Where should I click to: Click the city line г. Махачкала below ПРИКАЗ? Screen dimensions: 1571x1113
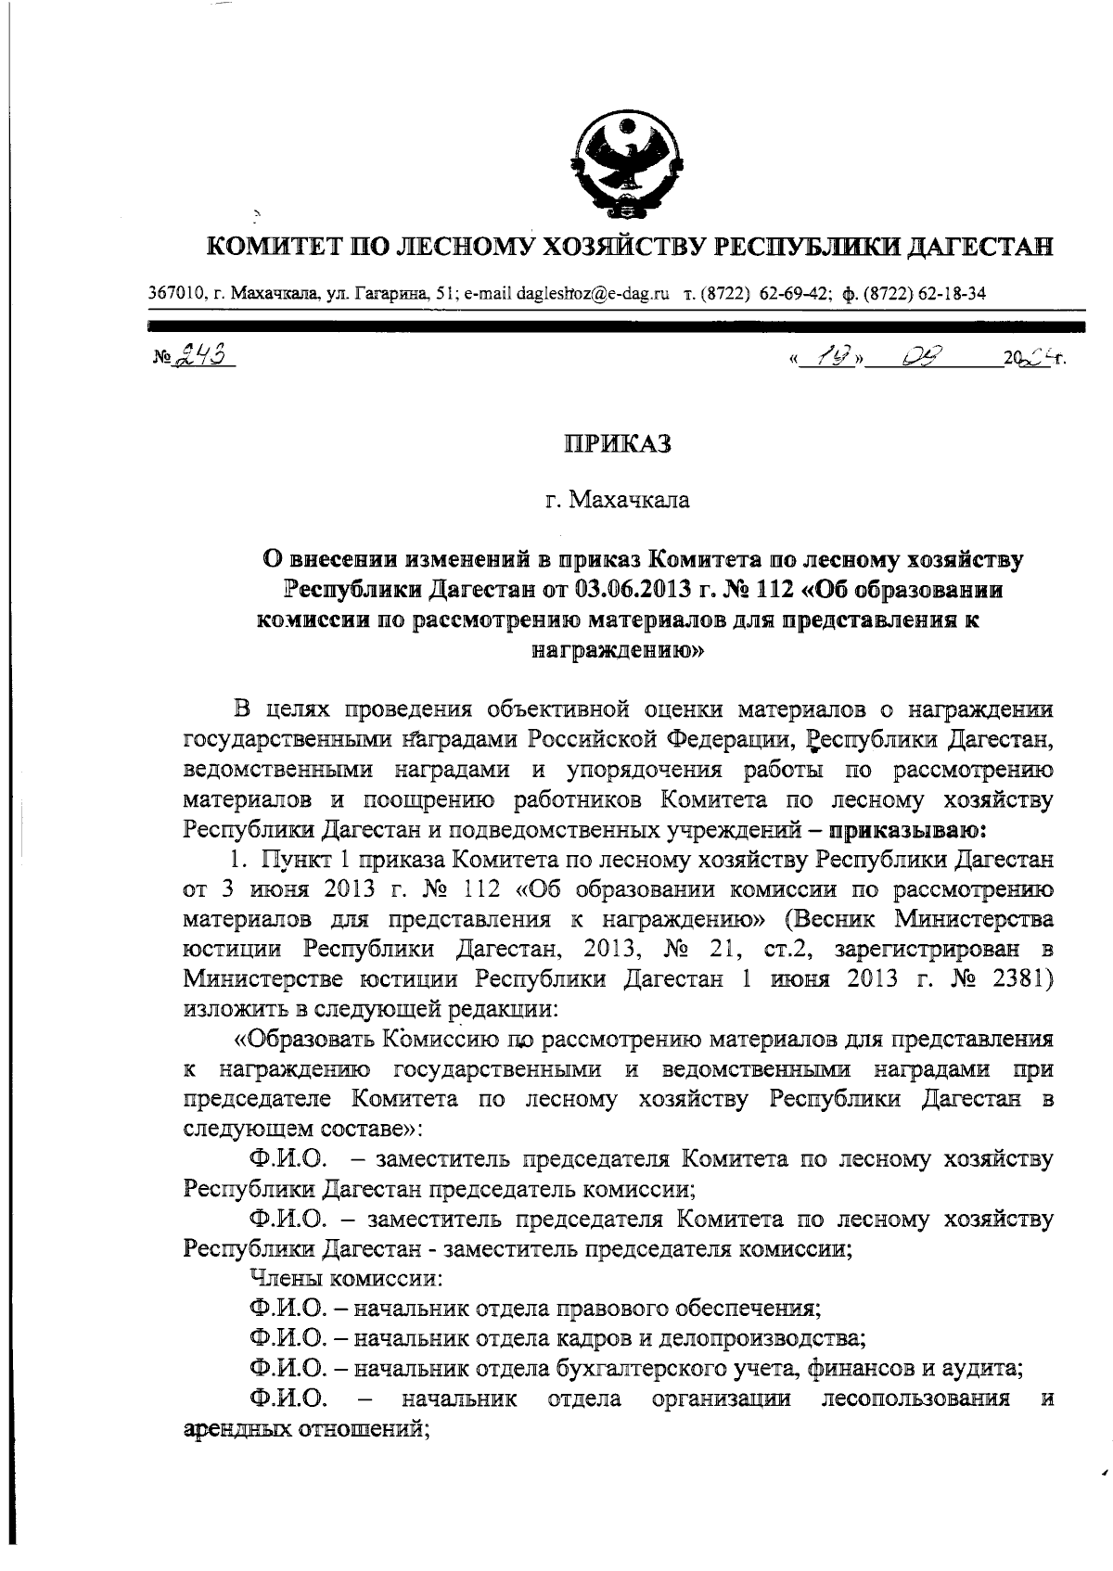point(618,501)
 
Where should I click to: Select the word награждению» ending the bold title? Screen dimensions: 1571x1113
point(618,650)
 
